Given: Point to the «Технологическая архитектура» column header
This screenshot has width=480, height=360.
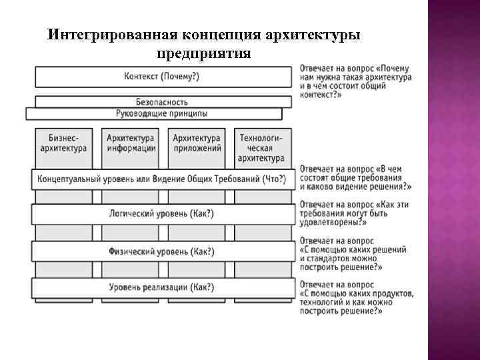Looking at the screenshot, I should coord(261,147).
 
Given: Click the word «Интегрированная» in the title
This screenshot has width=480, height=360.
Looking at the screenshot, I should coord(110,34).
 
